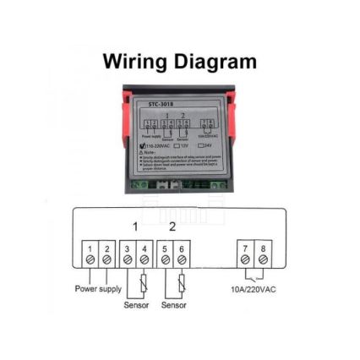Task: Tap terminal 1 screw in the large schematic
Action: [90, 259]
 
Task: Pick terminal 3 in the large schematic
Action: [127, 259]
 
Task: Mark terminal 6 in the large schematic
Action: [181, 259]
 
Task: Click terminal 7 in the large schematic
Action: [244, 259]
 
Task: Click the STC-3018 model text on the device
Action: [161, 104]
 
